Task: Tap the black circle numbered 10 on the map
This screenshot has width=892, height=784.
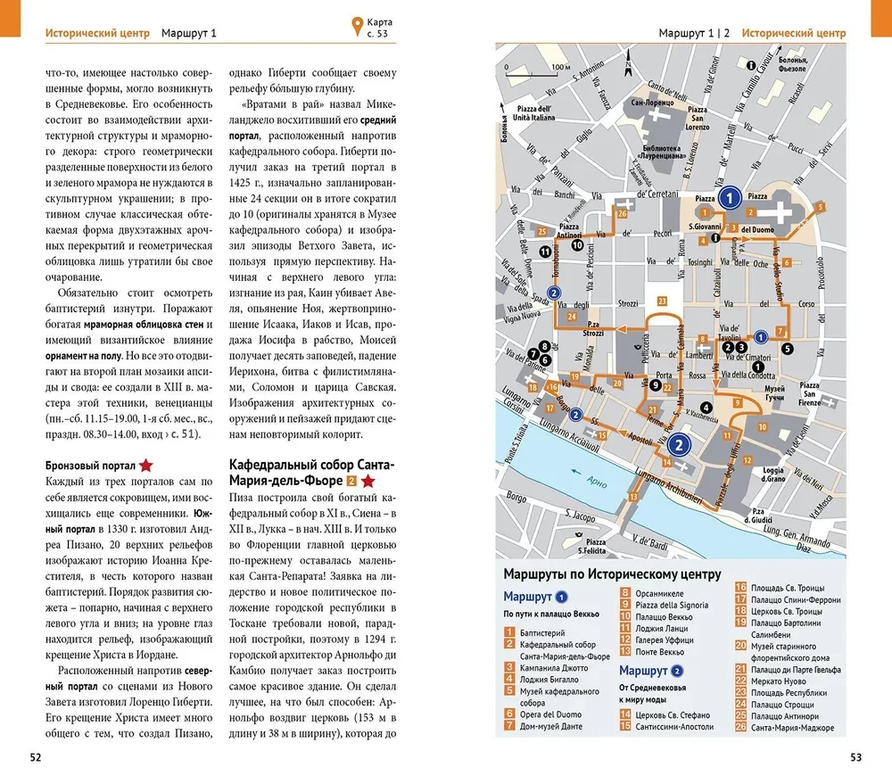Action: [x=578, y=244]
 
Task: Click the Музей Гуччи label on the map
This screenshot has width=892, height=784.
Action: [x=774, y=392]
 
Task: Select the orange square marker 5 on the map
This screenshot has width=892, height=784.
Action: [x=820, y=208]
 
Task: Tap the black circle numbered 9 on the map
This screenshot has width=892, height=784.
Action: [x=655, y=385]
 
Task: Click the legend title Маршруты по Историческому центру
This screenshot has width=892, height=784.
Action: [x=611, y=574]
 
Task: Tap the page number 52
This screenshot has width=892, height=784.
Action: [x=36, y=758]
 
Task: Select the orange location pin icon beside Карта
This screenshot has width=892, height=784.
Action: [x=356, y=27]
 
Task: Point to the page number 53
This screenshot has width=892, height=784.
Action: [x=855, y=758]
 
